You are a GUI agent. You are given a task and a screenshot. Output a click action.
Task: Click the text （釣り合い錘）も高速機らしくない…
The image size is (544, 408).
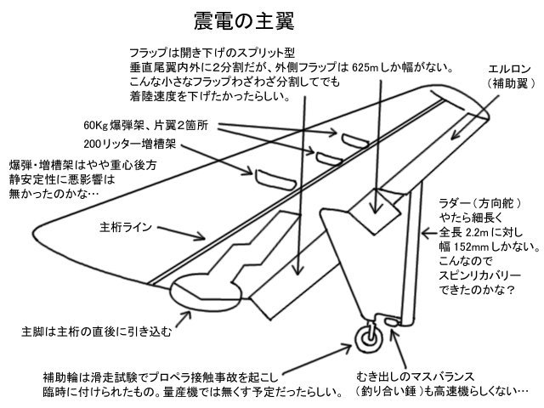[x=442, y=393]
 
